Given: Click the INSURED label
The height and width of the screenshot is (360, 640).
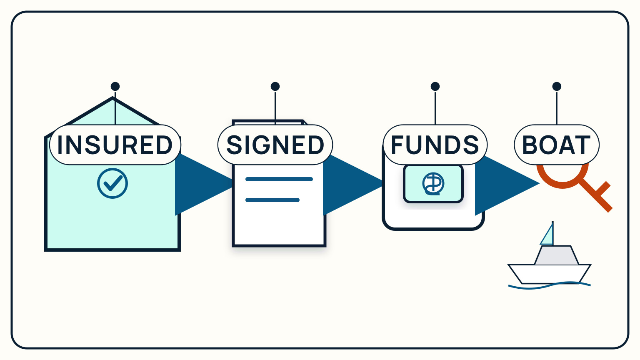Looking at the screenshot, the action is click(x=115, y=145).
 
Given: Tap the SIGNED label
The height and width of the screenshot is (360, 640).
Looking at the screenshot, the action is click(x=275, y=145).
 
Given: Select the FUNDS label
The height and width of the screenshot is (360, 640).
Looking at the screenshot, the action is click(x=435, y=145).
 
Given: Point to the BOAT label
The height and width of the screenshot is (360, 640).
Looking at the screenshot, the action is click(x=557, y=145).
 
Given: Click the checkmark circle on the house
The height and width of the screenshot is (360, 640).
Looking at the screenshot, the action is click(x=112, y=183).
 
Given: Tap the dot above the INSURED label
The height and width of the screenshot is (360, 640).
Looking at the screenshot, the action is click(x=115, y=86).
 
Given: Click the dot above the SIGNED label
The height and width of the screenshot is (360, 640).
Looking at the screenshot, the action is click(x=275, y=86).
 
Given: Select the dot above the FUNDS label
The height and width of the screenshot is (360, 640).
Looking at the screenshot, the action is click(x=435, y=86).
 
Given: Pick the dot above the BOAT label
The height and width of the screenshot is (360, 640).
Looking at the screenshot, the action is click(x=557, y=86).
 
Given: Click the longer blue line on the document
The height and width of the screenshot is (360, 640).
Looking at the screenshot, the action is click(x=279, y=179).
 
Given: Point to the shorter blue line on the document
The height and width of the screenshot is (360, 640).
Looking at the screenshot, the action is click(x=272, y=200).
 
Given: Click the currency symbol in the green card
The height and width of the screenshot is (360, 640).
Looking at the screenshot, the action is click(x=433, y=184).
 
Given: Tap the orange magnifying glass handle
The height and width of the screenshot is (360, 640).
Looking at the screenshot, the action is click(x=596, y=196).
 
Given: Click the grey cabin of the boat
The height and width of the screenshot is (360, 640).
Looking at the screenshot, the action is click(x=557, y=255).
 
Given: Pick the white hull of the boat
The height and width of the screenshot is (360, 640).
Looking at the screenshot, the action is click(x=549, y=274).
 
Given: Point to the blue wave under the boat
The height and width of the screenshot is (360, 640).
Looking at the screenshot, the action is click(x=549, y=285).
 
